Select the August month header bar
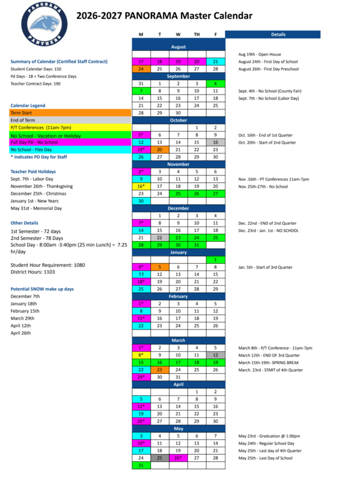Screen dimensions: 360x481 tap(178, 46)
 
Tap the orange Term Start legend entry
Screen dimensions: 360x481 tap(70, 112)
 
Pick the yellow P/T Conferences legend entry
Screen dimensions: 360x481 tap(70, 127)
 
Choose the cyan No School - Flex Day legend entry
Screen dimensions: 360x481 tap(70, 149)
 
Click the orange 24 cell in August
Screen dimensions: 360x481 tap(141, 69)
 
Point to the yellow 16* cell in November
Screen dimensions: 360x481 tap(141, 186)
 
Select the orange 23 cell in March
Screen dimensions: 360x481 tap(159, 370)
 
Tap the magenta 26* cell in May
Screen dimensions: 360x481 tap(178, 458)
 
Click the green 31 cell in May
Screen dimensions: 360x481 tap(141, 465)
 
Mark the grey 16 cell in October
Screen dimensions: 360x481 tap(215, 142)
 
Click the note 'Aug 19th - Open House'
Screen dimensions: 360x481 tap(260, 54)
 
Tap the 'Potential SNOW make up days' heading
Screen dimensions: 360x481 tap(42, 289)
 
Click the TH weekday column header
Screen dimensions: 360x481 tap(197, 35)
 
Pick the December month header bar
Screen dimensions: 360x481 tap(178, 208)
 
